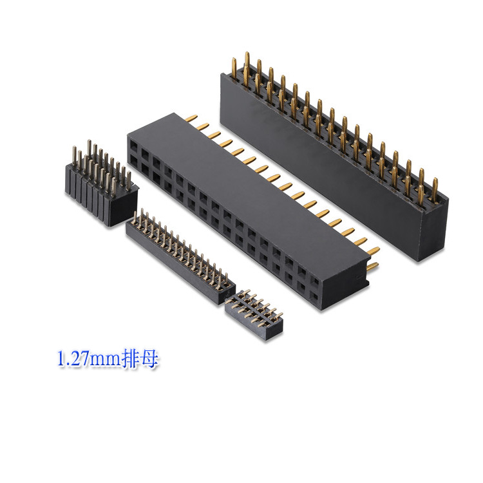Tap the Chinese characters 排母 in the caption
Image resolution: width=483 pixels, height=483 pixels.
142,359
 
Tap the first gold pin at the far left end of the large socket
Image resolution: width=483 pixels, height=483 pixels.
191,118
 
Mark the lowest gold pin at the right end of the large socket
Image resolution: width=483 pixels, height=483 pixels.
372,267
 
